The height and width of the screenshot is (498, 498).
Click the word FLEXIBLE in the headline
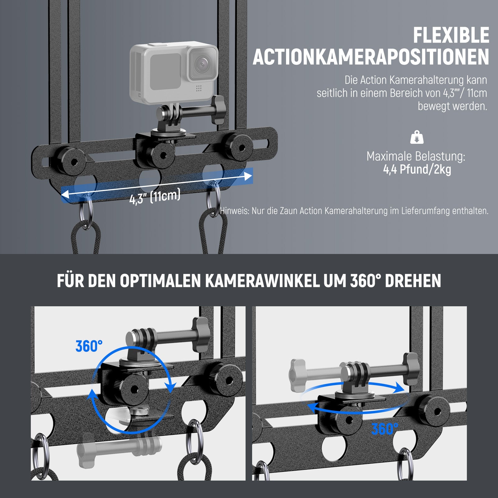(451, 35)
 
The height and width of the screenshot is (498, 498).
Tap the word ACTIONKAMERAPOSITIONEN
(371, 57)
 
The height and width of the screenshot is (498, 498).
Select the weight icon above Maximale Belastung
(417, 137)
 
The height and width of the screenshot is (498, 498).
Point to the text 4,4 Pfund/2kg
(417, 170)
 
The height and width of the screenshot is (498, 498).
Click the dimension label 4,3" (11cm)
(155, 197)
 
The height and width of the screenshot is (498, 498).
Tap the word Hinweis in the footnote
(234, 211)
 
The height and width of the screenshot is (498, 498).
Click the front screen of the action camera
(165, 71)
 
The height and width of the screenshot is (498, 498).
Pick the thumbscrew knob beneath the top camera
(218, 110)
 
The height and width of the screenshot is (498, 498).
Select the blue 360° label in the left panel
(89, 346)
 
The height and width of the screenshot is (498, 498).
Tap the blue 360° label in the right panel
(385, 429)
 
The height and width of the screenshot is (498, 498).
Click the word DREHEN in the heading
(413, 281)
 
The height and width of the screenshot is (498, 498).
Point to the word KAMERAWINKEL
(262, 281)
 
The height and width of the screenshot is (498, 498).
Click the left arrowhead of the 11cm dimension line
(65, 195)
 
